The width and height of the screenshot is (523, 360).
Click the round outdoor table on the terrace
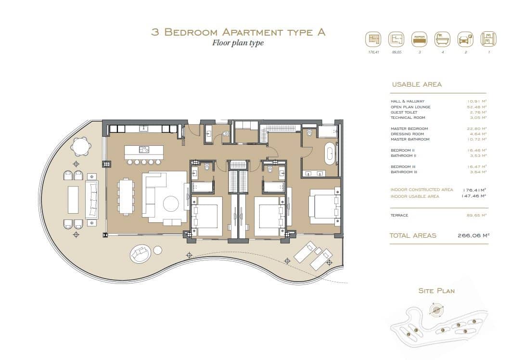pos(81,145)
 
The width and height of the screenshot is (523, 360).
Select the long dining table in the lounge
pos(126,196)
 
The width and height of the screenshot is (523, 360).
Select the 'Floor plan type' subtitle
pos(238,43)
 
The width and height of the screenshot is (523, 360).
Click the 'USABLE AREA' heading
pos(417,85)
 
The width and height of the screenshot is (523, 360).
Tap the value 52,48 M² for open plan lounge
pos(477,107)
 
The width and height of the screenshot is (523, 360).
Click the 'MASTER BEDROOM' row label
pos(409,129)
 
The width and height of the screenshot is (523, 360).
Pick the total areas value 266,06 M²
pos(473,235)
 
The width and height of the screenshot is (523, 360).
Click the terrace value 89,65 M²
pos(477,215)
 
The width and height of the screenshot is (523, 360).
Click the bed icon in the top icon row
pos(419,39)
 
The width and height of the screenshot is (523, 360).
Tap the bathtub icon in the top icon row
pos(442,39)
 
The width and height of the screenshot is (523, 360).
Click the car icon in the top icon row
pos(465,39)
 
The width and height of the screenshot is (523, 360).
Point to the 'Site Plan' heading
pos(436,291)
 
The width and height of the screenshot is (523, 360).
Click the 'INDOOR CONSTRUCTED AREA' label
pos(421,190)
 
